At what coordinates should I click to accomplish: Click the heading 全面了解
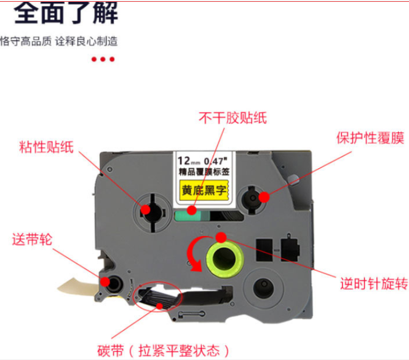pos(66,13)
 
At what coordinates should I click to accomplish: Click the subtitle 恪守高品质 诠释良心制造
pos(59,41)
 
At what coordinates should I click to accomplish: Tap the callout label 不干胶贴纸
pos(232,118)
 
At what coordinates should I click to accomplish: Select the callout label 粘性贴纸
pos(46,147)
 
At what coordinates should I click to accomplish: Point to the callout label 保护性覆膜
pos(370,138)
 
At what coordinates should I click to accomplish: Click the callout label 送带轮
pos(33,240)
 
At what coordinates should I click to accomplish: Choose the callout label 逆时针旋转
pos(374,283)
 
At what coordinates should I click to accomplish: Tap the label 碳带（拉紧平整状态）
pos(164,351)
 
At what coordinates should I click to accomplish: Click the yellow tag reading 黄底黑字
pos(204,190)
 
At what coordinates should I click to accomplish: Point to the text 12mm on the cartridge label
pos(189,161)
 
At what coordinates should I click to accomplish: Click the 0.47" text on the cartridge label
pos(216,161)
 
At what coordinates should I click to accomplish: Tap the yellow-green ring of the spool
pos(225,259)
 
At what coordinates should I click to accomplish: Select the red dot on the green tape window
pos(192,209)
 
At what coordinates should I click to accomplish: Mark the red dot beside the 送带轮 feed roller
pos(105,281)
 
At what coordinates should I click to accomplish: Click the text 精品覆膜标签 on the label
pos(204,172)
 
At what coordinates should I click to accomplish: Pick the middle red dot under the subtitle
pos(103,60)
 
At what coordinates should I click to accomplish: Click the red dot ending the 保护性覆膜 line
pos(264,197)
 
